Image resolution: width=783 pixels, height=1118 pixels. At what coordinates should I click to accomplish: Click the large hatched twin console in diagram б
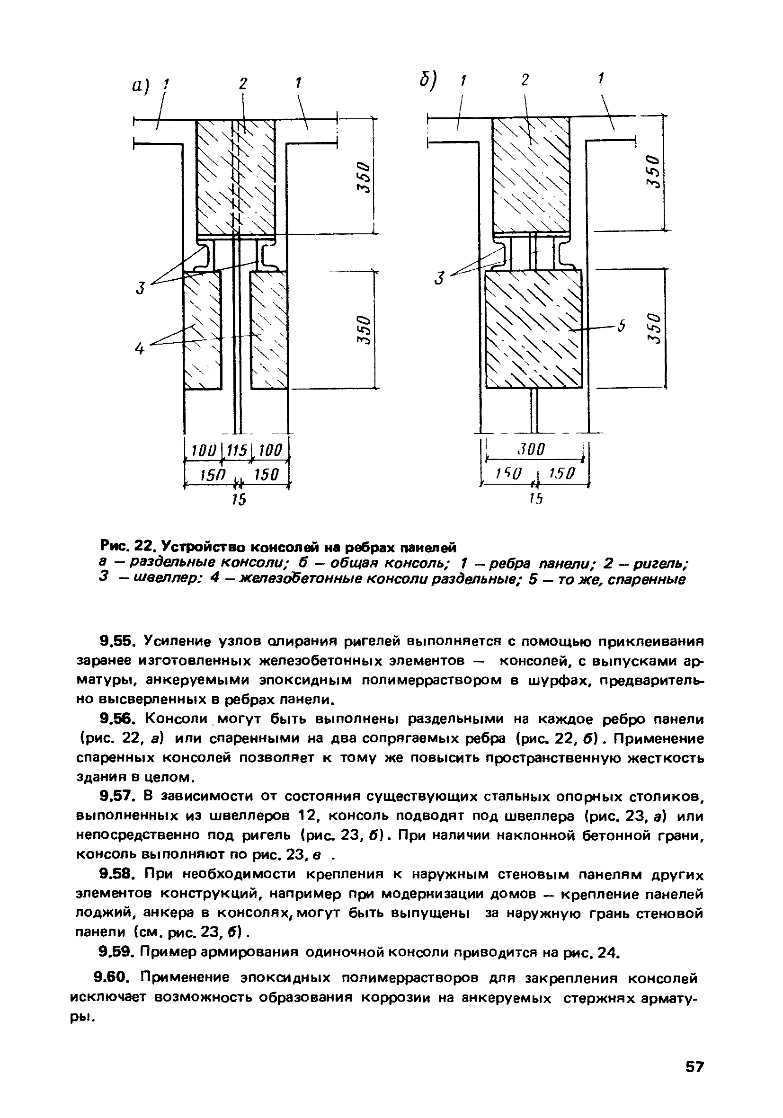coord(534,329)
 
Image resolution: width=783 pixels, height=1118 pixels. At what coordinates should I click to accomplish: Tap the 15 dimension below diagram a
coord(238,499)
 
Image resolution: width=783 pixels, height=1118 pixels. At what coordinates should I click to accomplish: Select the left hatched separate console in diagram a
coord(202,329)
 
